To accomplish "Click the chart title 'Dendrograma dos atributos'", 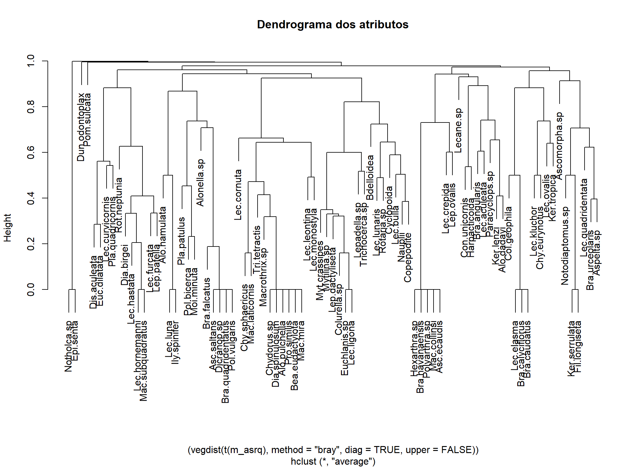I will (x=332, y=24).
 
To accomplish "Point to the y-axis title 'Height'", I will (x=7, y=228).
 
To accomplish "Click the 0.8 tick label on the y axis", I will (x=31, y=107).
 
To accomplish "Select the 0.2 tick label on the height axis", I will (x=31, y=244).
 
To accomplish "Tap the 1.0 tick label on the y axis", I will (x=31, y=61).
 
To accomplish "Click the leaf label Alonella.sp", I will (x=200, y=183).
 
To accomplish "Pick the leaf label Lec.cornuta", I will (x=238, y=195).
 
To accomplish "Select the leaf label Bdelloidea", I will (x=370, y=178).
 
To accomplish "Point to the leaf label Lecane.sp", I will (x=458, y=130).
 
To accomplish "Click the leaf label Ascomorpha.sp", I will (x=559, y=146).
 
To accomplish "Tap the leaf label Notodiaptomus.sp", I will (x=565, y=246).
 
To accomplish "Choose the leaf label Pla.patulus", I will (x=181, y=241).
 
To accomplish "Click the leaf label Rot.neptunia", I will (x=119, y=205).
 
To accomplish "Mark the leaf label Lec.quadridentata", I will (x=584, y=218).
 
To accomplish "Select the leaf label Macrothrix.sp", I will (x=263, y=277).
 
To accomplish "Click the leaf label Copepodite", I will (x=407, y=257).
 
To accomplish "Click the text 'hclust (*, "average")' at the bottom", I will (x=333, y=461).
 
